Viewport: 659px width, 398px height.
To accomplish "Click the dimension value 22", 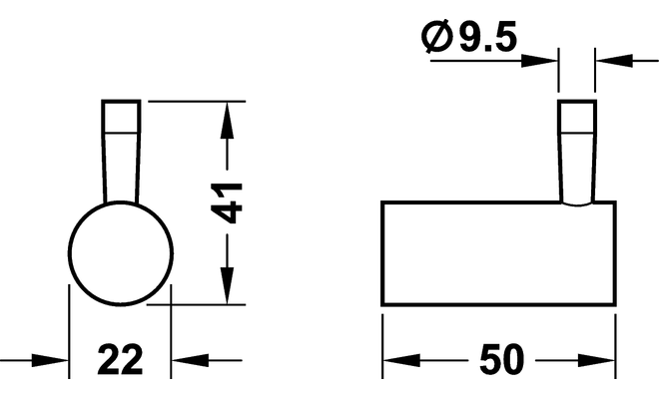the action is [120, 359].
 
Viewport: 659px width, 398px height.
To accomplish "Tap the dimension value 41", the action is [227, 202].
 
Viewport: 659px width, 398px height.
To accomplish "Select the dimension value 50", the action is [502, 359].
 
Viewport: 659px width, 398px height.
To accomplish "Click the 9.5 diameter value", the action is [487, 37].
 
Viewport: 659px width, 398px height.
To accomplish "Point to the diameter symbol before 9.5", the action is [437, 37].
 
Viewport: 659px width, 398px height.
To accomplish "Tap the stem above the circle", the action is [121, 152].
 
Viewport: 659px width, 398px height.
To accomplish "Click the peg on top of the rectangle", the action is [577, 152].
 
